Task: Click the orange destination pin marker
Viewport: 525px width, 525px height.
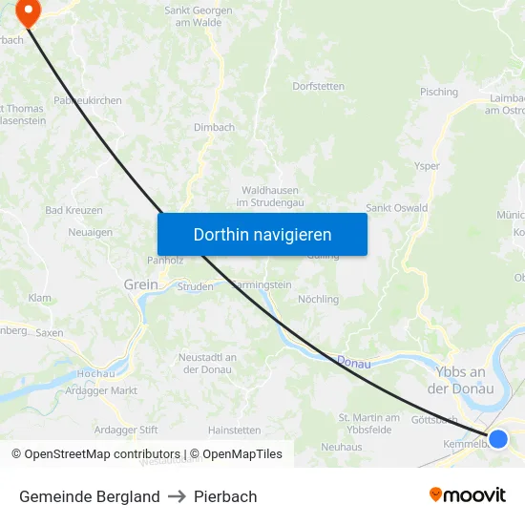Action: tap(29, 12)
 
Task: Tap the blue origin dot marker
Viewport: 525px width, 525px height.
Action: tap(497, 438)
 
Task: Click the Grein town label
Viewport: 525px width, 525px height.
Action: tap(141, 284)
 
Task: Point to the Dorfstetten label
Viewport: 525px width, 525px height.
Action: tap(318, 86)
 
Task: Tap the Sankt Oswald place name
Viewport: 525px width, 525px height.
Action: tap(396, 208)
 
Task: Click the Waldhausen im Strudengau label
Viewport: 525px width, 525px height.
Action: tap(270, 197)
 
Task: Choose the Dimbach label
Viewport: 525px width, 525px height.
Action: tap(214, 127)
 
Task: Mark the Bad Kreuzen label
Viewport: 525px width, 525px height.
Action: tap(73, 210)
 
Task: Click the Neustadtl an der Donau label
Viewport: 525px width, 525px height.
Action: tap(208, 363)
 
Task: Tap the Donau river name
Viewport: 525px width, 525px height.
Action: tap(353, 361)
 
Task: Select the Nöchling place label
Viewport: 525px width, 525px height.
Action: tap(318, 299)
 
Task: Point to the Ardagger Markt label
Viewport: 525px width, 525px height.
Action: tap(101, 390)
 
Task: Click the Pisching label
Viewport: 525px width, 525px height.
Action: tap(439, 93)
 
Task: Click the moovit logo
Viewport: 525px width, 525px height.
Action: tap(467, 494)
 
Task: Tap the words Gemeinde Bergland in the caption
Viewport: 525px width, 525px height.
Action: tap(90, 496)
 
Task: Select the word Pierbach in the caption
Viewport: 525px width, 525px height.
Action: tap(225, 496)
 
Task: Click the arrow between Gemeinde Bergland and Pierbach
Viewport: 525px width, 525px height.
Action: tap(177, 496)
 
